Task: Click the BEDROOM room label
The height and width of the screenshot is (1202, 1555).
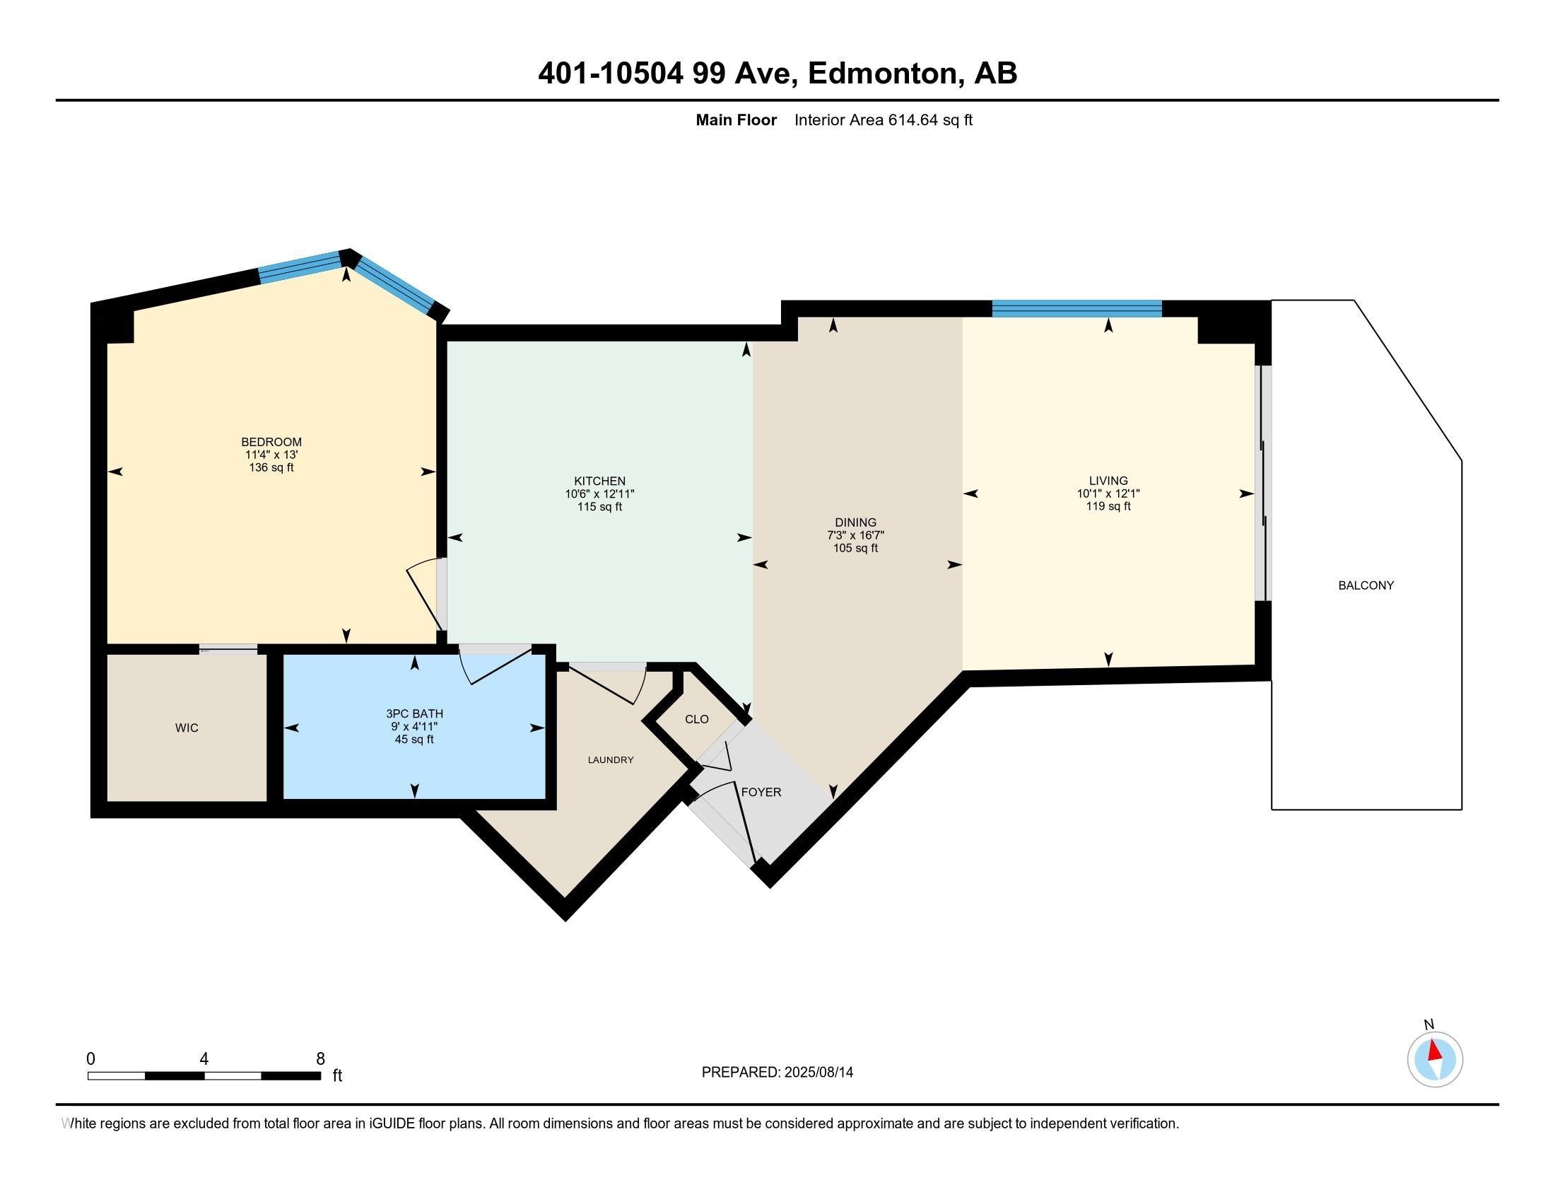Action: pyautogui.click(x=271, y=442)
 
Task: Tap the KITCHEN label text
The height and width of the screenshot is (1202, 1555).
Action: pyautogui.click(x=599, y=482)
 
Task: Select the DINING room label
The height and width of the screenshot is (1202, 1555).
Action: pyautogui.click(x=856, y=523)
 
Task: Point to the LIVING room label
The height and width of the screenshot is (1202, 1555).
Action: pyautogui.click(x=1108, y=481)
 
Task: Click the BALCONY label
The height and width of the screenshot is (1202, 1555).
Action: pyautogui.click(x=1366, y=585)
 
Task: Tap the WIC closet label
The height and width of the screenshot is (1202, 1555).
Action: pyautogui.click(x=187, y=728)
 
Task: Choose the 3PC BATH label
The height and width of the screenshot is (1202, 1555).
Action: pyautogui.click(x=414, y=713)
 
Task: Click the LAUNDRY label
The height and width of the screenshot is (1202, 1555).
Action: pyautogui.click(x=610, y=760)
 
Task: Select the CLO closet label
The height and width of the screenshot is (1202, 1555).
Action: pyautogui.click(x=697, y=719)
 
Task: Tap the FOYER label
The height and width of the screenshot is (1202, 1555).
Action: pyautogui.click(x=761, y=792)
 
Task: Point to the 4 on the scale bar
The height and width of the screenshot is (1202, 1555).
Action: pyautogui.click(x=204, y=1059)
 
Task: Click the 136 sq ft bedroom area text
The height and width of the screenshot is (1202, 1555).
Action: pyautogui.click(x=271, y=468)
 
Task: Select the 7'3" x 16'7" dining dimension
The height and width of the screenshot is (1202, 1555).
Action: pyautogui.click(x=856, y=535)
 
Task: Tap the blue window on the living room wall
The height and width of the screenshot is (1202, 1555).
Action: pyautogui.click(x=1077, y=308)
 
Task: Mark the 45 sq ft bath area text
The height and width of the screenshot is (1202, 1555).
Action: pyautogui.click(x=414, y=739)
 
